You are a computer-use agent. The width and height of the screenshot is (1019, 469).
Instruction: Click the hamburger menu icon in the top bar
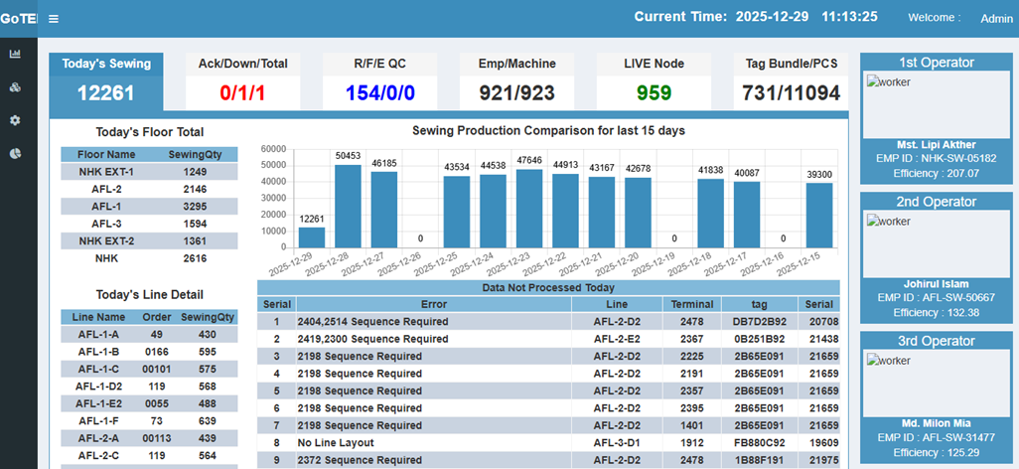tap(53, 19)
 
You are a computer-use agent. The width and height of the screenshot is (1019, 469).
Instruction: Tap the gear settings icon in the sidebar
tap(15, 120)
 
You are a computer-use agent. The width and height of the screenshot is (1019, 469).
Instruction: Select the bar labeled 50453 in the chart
tap(348, 206)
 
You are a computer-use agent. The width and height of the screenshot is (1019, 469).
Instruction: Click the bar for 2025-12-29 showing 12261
tap(312, 237)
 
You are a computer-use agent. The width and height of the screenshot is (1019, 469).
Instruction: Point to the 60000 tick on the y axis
tap(273, 149)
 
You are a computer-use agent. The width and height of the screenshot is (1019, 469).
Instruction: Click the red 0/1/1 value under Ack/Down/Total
tap(242, 93)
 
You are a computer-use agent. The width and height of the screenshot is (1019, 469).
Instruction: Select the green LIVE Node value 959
tap(654, 93)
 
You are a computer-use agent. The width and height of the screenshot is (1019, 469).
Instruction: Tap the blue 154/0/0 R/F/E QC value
tap(379, 93)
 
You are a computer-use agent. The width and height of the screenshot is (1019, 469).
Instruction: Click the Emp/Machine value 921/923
tap(516, 93)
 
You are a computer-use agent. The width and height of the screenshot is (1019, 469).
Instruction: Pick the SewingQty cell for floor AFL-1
tap(195, 207)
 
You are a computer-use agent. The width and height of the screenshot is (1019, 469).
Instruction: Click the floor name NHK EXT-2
tap(106, 241)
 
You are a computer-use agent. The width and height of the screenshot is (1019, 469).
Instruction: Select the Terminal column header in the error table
tap(692, 304)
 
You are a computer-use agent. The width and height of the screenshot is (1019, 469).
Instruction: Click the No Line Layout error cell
tap(336, 443)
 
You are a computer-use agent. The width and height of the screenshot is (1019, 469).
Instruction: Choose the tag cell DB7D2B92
tap(760, 322)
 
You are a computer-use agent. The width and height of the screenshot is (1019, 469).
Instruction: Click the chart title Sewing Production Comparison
tap(548, 130)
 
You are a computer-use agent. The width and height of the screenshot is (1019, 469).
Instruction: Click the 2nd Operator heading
tap(937, 202)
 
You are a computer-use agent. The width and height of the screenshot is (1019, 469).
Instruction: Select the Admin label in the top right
tap(996, 18)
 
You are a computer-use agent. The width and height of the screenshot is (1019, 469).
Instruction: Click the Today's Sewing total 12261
tap(105, 93)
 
